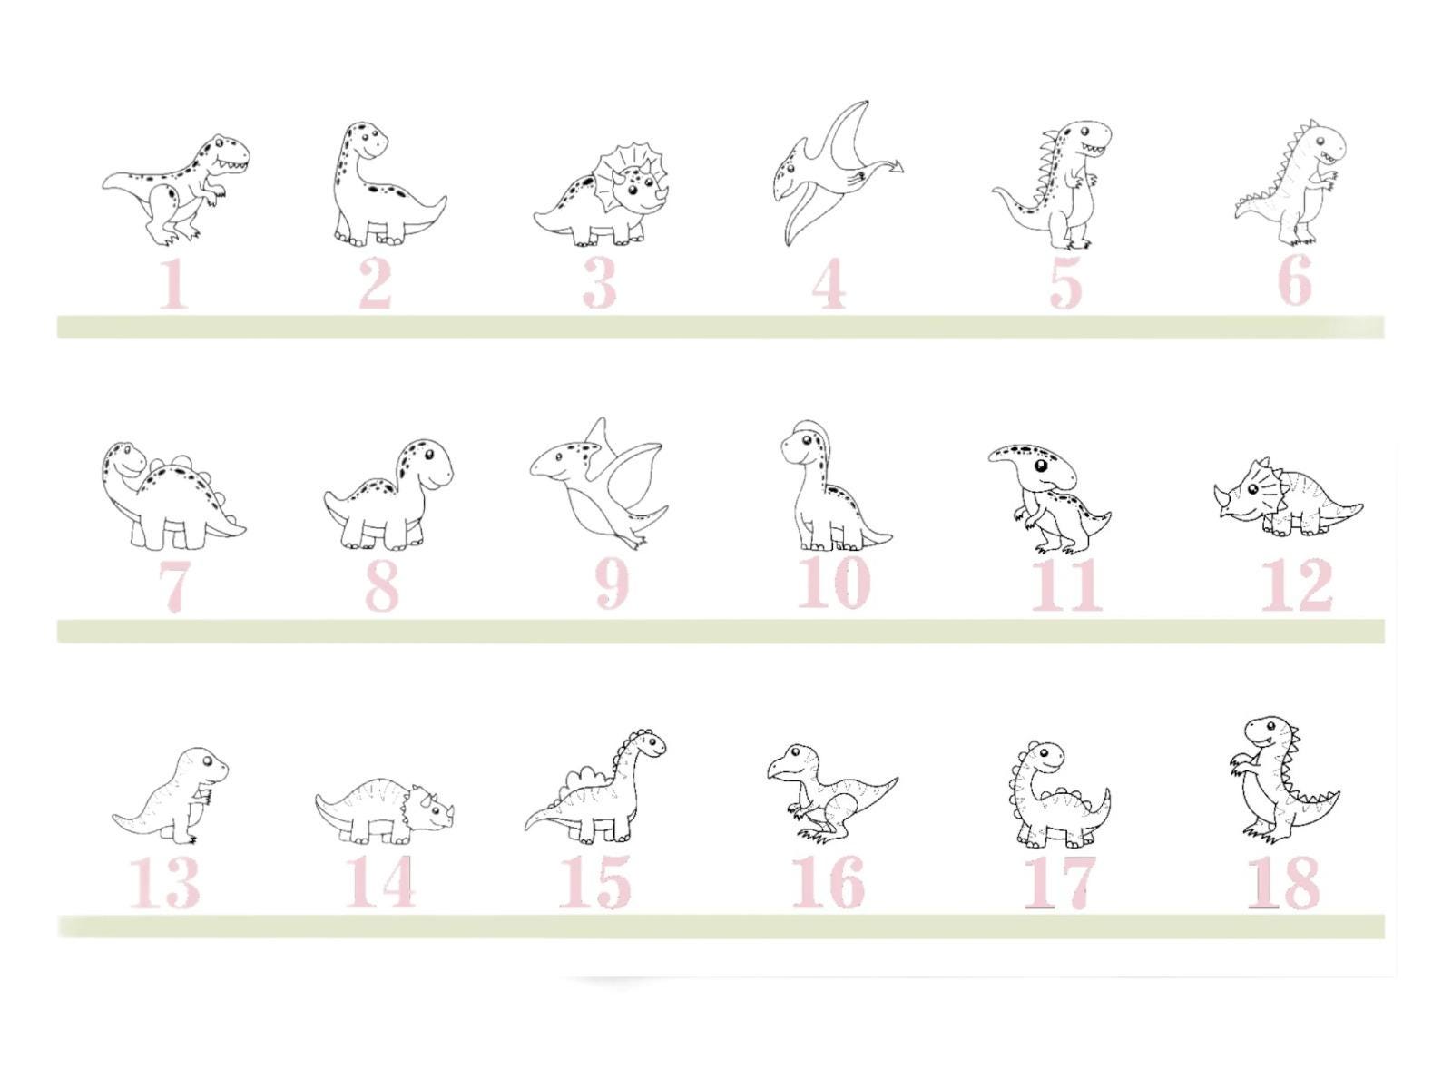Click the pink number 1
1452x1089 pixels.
tap(174, 284)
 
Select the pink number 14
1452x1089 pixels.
tap(381, 881)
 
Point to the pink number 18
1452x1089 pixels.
tap(1282, 881)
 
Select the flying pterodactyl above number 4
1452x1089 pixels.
tap(830, 172)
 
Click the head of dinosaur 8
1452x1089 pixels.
tap(427, 463)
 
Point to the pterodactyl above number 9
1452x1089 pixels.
tap(599, 481)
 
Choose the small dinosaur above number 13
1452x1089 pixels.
tap(172, 794)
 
